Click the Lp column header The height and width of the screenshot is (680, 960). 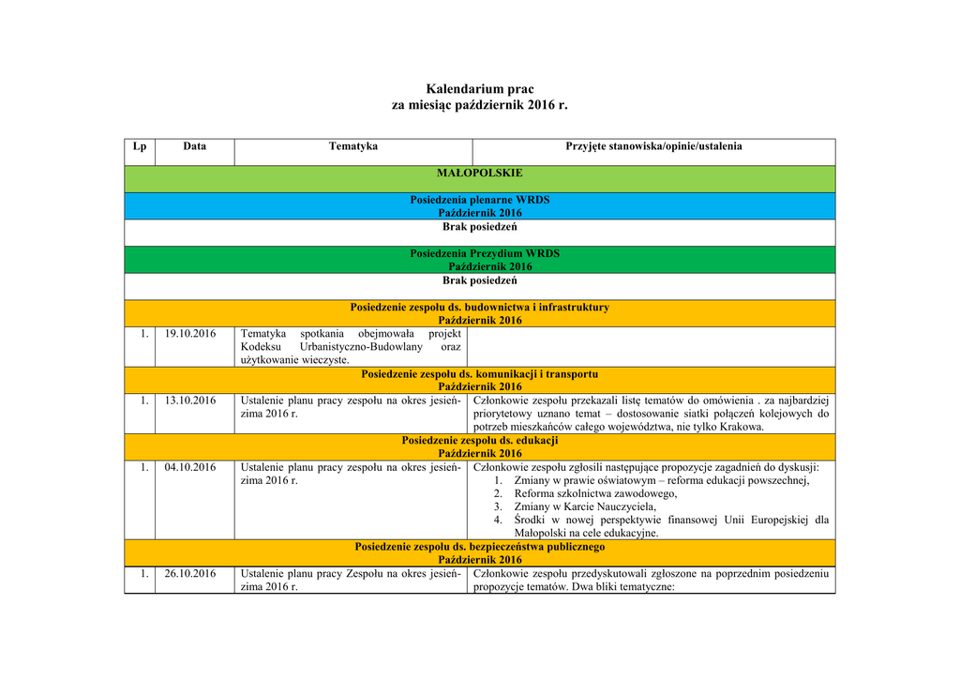[x=140, y=146]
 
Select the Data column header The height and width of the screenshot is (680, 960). [x=195, y=146]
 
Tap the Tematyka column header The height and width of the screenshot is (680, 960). [x=353, y=146]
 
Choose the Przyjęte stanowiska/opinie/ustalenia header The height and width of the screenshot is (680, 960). [x=653, y=146]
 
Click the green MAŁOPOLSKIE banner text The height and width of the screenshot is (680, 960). [x=479, y=174]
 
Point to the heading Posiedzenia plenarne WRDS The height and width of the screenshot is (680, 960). [x=479, y=200]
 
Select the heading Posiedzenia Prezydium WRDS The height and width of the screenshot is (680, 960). [x=479, y=253]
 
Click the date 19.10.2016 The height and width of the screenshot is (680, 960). [x=190, y=334]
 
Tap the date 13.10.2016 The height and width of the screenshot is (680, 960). [x=190, y=400]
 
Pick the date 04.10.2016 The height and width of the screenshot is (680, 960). [x=190, y=467]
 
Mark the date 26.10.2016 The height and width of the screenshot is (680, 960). [x=190, y=574]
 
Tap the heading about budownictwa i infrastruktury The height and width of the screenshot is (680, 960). [x=479, y=307]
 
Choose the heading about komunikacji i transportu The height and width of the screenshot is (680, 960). [x=479, y=373]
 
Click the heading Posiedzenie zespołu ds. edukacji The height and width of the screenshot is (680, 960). [x=479, y=440]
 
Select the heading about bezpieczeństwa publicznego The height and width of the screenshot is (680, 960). [x=479, y=546]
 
